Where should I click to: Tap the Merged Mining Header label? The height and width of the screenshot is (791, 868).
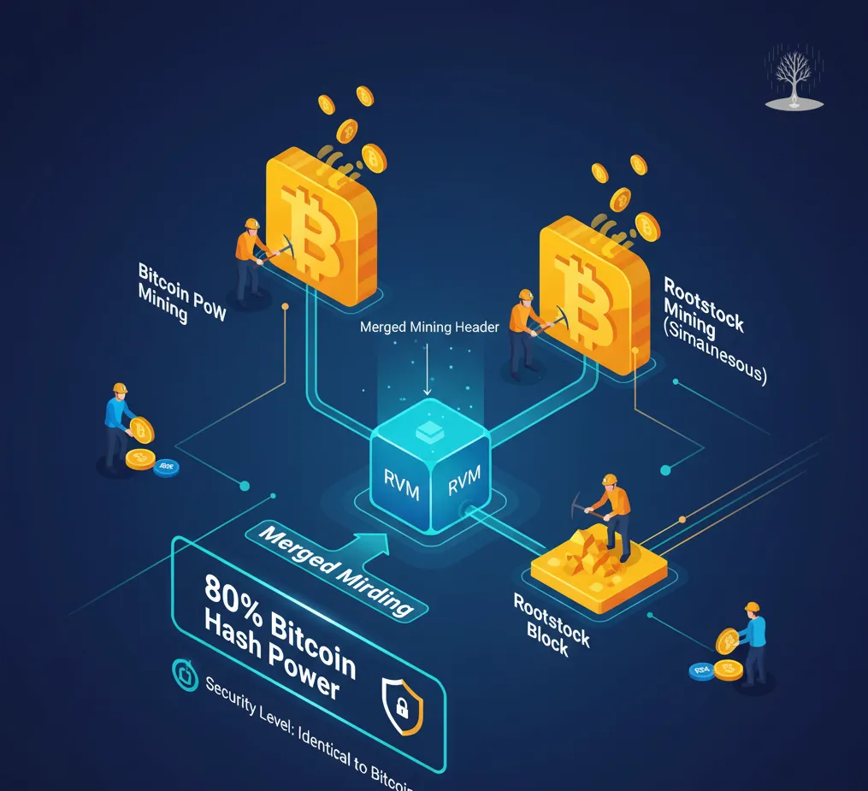429,328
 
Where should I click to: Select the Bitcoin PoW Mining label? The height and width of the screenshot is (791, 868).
180,292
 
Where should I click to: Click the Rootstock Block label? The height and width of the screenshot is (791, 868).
551,624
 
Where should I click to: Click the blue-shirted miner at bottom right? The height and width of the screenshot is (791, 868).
752,641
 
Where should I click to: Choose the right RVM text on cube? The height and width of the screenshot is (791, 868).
465,481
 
